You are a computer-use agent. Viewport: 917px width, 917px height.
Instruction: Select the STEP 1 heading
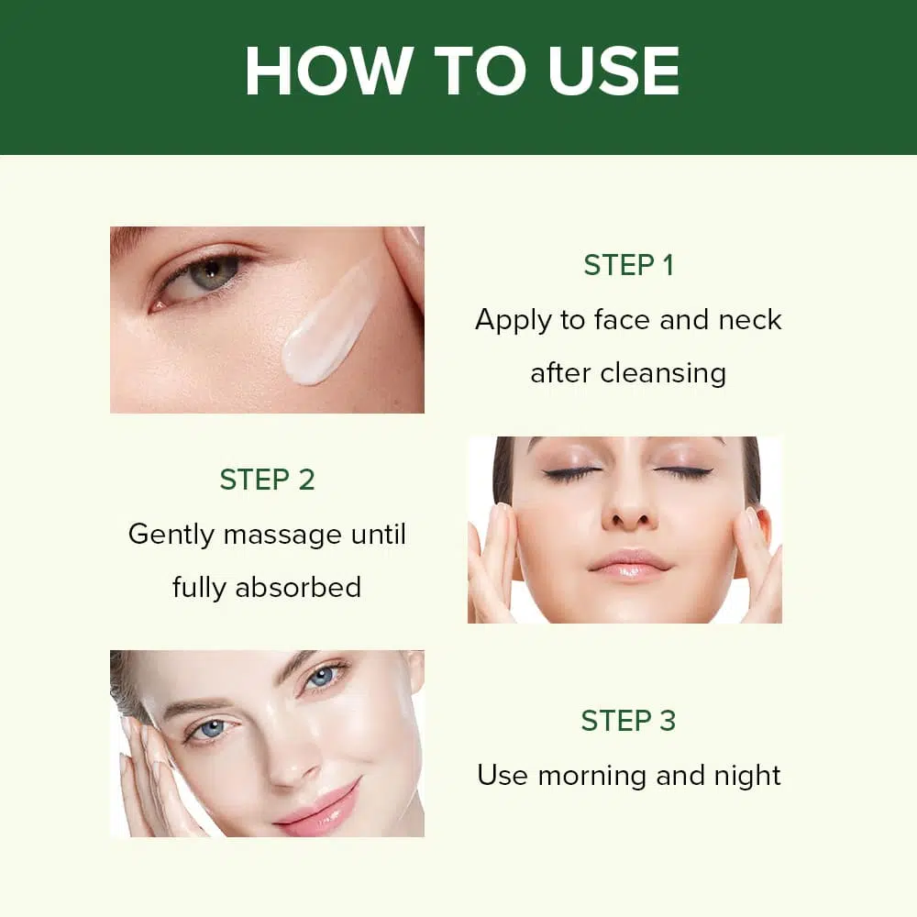pos(629,265)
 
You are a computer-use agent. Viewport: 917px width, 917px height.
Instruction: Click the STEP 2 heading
pos(267,480)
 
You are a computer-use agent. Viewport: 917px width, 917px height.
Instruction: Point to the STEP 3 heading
pos(629,721)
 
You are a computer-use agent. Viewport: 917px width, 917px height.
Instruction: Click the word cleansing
pos(663,373)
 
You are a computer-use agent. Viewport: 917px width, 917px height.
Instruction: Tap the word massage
pos(282,536)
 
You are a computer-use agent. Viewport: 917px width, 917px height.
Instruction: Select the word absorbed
pos(298,587)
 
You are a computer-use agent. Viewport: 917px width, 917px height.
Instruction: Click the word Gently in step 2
pos(171,536)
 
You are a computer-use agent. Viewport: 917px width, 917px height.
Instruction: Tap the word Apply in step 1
pos(514,320)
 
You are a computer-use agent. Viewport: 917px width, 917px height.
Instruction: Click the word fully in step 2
pos(199,589)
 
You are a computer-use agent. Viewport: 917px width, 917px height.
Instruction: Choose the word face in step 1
pos(622,320)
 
